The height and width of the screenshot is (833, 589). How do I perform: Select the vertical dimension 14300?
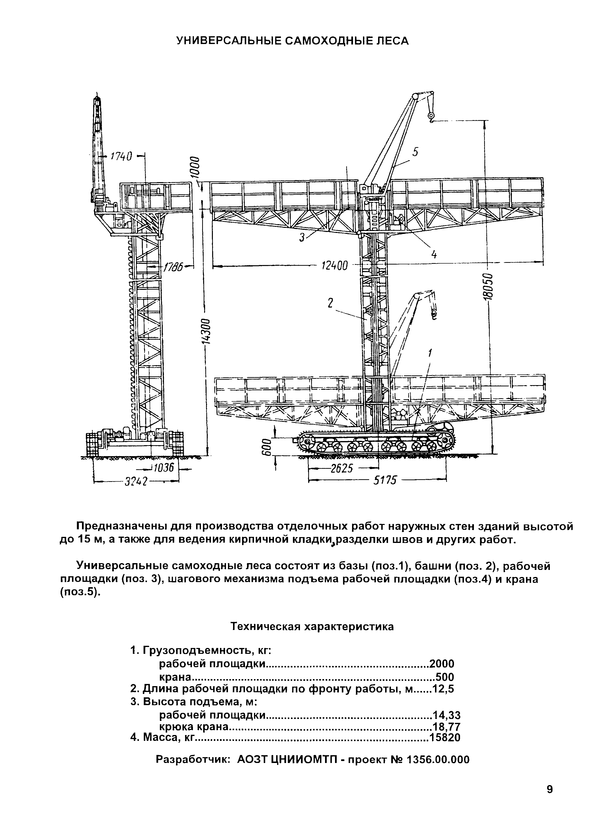point(206,331)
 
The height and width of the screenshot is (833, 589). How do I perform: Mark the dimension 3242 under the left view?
point(136,482)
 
